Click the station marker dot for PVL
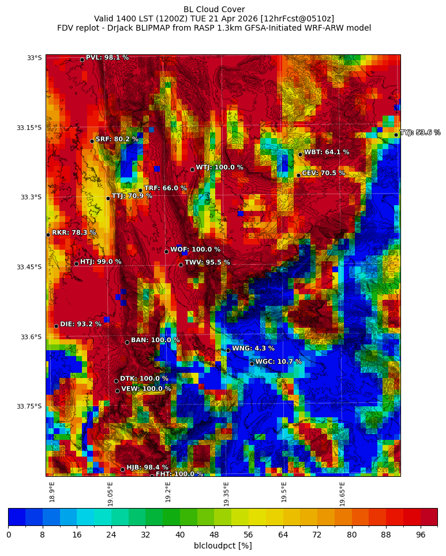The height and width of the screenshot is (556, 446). point(82,60)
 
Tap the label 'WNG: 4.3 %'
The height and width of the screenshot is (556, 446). point(253,349)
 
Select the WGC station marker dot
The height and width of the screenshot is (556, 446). point(252,364)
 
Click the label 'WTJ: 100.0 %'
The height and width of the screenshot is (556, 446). point(219,168)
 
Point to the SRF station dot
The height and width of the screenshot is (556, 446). point(92,141)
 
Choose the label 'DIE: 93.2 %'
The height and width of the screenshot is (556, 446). point(81,324)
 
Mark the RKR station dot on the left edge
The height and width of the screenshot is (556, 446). point(48,235)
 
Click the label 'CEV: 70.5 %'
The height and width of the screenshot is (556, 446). point(323,173)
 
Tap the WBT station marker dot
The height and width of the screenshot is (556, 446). point(300,154)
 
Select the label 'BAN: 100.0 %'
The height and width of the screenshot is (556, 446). point(155,340)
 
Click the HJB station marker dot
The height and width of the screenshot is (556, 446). point(122,469)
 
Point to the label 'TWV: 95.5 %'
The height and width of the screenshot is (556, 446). point(207,262)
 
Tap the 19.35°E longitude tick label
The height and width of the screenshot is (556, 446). point(226,494)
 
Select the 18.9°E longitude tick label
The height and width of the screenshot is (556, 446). point(52,492)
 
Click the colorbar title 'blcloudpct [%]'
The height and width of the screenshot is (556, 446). point(223,546)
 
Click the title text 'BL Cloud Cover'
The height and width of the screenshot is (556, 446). point(214,9)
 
